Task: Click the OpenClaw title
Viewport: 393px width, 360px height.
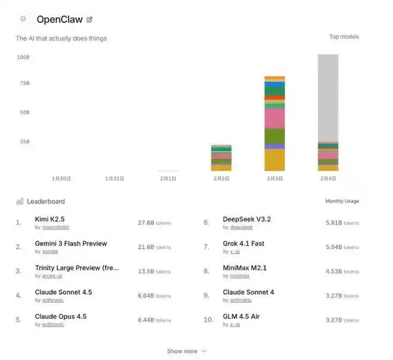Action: [x=60, y=19]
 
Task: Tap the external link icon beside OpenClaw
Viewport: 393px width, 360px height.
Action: [x=89, y=20]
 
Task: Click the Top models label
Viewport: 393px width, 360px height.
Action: [x=344, y=37]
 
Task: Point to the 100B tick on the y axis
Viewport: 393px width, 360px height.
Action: [x=23, y=57]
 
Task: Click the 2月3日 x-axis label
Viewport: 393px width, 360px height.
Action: [x=274, y=178]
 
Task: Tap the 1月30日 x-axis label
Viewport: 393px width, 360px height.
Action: [x=62, y=178]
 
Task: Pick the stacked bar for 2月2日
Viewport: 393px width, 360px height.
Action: [x=221, y=158]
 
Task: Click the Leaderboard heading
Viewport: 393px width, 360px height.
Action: [x=45, y=201]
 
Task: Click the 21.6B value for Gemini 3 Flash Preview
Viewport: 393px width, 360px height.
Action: [x=146, y=247]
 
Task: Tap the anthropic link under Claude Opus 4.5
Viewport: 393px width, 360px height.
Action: [x=49, y=324]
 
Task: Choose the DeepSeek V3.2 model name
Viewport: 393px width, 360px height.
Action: [x=247, y=219]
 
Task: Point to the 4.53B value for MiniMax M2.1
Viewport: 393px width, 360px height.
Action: [x=334, y=271]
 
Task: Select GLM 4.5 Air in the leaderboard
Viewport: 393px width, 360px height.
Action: [x=241, y=317]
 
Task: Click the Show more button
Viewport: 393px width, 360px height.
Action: [x=186, y=351]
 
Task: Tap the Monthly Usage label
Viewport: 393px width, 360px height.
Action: [x=342, y=201]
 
